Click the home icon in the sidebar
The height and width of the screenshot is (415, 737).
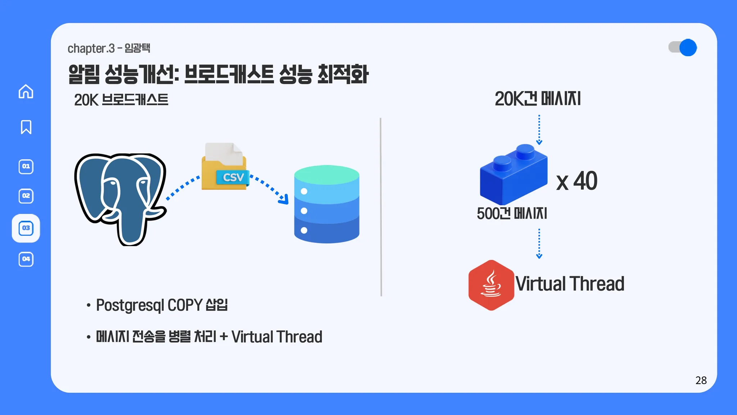[26, 92]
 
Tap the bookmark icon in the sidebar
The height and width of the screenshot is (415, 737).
[26, 127]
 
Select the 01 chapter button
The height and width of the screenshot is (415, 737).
[26, 166]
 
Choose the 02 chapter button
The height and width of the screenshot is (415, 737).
[26, 196]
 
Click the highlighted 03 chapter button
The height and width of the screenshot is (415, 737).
[26, 228]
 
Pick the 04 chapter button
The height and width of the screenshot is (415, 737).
[26, 259]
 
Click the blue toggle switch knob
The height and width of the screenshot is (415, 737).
[688, 48]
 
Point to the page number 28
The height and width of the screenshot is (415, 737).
[701, 380]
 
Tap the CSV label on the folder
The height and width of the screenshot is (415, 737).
[233, 177]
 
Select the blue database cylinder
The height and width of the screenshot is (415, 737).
[326, 204]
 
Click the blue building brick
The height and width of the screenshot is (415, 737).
[514, 175]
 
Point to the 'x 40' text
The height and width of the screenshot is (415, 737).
[577, 181]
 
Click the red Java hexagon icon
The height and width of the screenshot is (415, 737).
[491, 285]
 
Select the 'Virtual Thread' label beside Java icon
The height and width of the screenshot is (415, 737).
[570, 284]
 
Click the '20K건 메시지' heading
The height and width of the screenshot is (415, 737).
[538, 99]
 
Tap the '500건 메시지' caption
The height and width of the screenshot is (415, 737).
[512, 214]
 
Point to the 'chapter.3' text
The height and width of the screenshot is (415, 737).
[91, 48]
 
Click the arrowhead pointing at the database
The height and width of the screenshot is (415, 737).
[284, 199]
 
